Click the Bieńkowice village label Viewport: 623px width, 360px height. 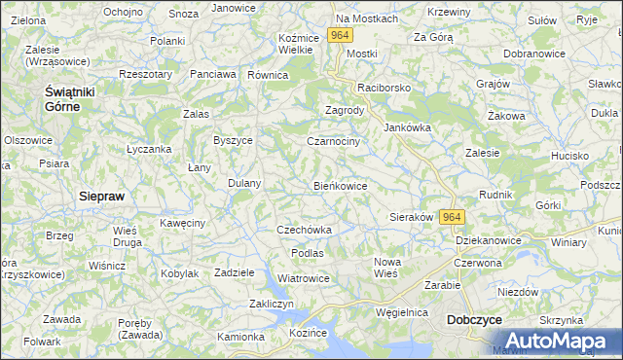(x=340, y=186)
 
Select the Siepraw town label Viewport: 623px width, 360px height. (x=101, y=196)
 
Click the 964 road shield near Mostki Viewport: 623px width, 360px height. (x=339, y=35)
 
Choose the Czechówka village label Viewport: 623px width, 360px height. (x=305, y=231)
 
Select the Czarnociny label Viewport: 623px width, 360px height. (x=334, y=141)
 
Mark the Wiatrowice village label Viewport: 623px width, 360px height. (x=304, y=278)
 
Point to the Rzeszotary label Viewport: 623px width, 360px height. (x=144, y=74)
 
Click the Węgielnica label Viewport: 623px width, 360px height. (x=403, y=312)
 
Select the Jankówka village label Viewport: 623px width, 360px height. (x=407, y=127)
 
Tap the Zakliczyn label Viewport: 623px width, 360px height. (x=272, y=304)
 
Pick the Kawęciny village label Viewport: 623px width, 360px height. (x=183, y=223)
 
